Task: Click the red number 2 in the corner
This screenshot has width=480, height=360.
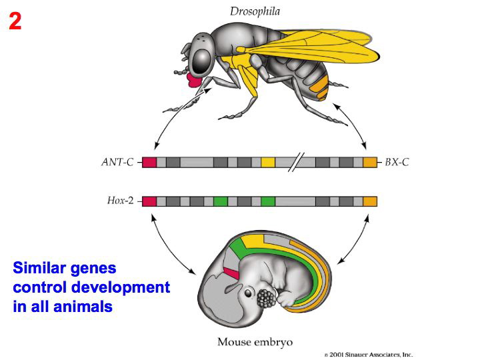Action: [15, 21]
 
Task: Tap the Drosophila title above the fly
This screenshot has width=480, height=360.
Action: [255, 11]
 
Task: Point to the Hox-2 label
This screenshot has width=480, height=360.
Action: [121, 201]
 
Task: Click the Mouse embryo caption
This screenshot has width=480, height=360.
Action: [255, 343]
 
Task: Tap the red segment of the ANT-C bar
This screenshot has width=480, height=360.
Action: [149, 162]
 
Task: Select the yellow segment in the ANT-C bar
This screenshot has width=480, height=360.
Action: [268, 162]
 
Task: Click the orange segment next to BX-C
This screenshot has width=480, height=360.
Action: [370, 162]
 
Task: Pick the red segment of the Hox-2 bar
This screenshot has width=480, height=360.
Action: [149, 201]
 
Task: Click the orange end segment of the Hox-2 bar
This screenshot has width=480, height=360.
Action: [370, 201]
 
